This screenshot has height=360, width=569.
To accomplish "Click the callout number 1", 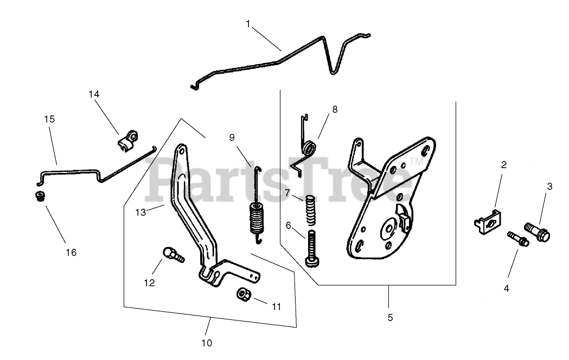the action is click(x=248, y=24).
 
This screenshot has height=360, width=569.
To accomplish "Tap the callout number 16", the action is click(x=71, y=252).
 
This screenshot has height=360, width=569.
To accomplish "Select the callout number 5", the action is click(x=389, y=318).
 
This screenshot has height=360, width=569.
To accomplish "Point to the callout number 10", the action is click(x=207, y=343).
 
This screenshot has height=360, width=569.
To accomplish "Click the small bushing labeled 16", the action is click(x=39, y=195).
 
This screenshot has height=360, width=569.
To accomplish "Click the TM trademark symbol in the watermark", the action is click(x=415, y=162).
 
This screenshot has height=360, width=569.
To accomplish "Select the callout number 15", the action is click(x=49, y=119).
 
